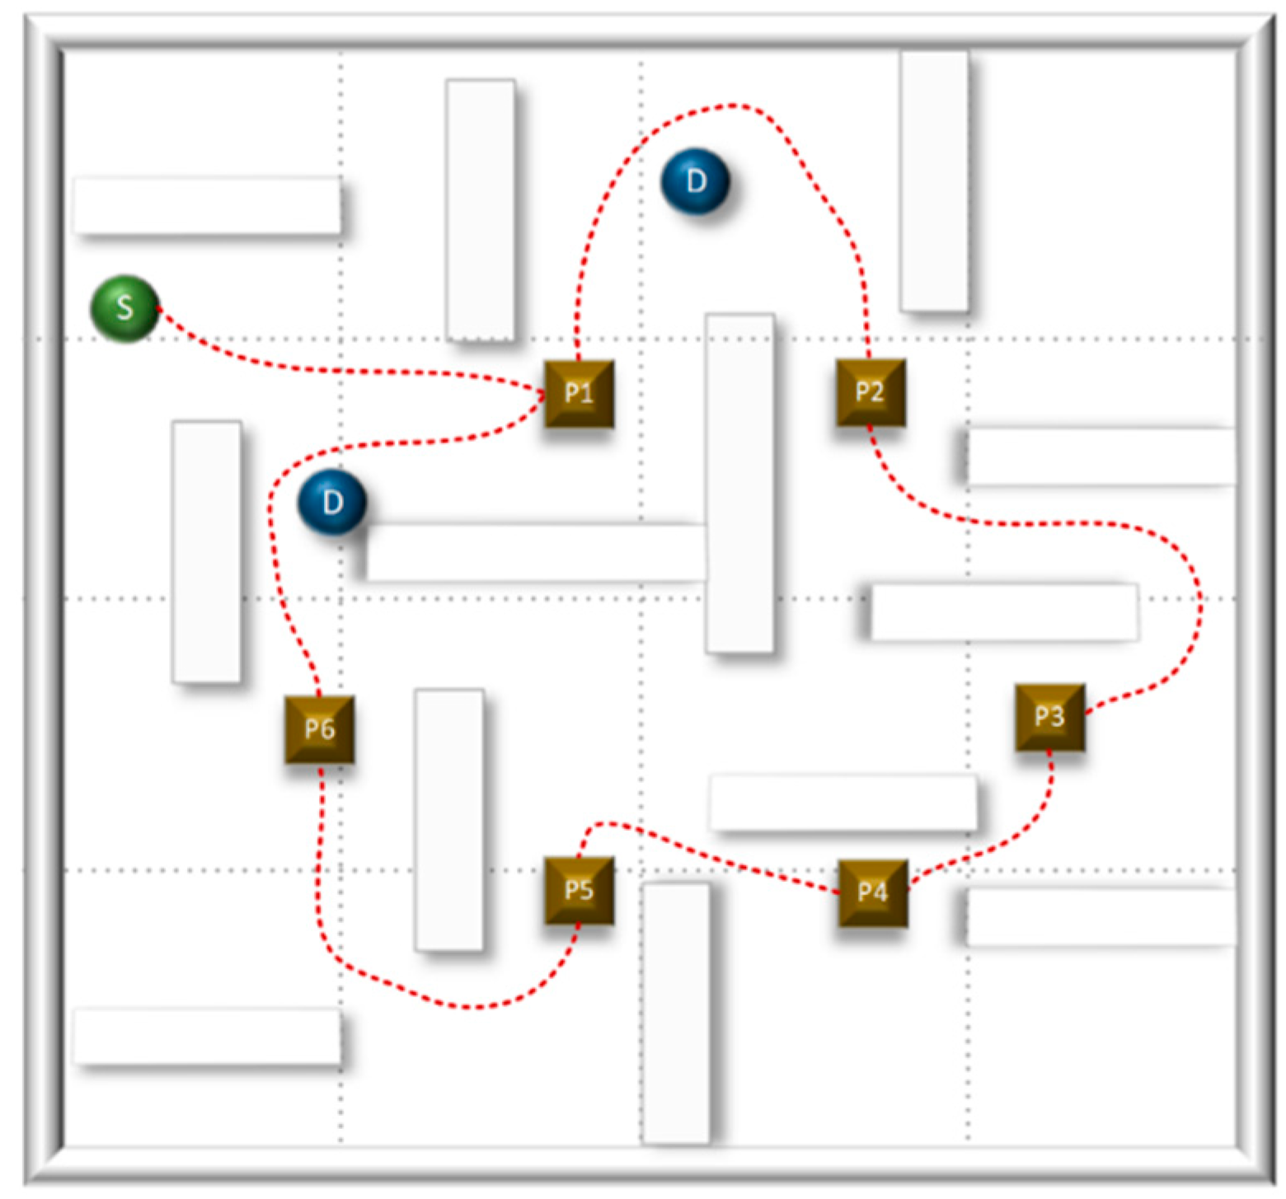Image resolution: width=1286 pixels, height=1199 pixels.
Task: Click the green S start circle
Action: point(124,308)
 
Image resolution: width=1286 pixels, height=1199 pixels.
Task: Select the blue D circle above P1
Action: point(695,181)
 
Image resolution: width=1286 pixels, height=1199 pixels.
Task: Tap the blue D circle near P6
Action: point(331,502)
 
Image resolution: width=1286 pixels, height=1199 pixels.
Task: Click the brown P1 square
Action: point(579,393)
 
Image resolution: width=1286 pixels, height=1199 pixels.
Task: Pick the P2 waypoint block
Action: point(871,392)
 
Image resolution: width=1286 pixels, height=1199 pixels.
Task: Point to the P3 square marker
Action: point(1049,716)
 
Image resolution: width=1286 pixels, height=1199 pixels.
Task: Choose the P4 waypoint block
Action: point(872,892)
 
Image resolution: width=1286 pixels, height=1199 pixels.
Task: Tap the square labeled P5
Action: point(579,890)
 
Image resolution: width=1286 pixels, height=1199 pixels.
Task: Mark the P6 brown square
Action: point(319,729)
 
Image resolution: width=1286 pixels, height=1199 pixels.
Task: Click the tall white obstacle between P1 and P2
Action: point(739,482)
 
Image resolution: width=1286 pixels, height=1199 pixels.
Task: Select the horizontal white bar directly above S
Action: point(207,205)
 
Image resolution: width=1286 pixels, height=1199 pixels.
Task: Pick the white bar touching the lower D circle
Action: point(536,552)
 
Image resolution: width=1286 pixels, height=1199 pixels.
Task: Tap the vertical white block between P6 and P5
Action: point(449,820)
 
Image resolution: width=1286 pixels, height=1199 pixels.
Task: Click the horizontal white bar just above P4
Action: point(842,802)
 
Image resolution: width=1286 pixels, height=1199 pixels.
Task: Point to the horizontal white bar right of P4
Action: point(1101,916)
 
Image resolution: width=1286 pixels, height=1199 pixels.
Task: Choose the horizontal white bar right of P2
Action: point(1101,456)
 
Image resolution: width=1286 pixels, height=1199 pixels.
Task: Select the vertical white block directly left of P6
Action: point(206,552)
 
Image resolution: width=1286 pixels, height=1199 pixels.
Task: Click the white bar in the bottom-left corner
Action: point(207,1036)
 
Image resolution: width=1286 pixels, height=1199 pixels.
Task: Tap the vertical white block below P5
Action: point(675,1014)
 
